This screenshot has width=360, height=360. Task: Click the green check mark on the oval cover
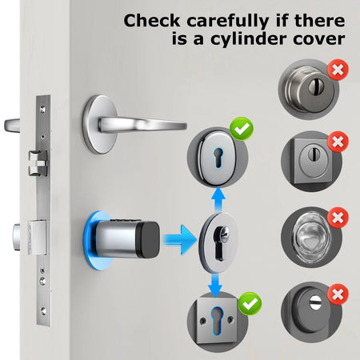pos(240,129)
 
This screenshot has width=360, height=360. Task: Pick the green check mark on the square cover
pos(250,303)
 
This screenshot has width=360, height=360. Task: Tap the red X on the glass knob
pos(338,217)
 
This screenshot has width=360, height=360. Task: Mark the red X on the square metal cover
pos(338,142)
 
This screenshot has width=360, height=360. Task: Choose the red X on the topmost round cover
pos(338,70)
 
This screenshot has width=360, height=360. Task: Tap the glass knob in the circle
pos(309,236)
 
